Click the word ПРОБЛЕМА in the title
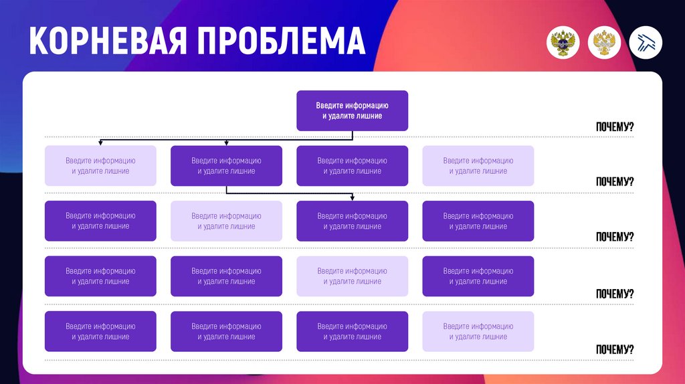pos(282,41)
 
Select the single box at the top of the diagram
pos(352,110)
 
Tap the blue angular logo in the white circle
pos(646,43)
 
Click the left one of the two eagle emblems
pos(563,43)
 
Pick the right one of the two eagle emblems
pos(605,43)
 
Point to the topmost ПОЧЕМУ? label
pos(614,127)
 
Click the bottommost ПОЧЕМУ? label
pos(614,349)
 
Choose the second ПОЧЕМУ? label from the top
pos(614,182)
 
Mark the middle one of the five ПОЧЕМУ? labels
pos(614,237)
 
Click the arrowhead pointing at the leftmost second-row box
pos(100,142)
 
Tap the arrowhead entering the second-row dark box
pos(227,142)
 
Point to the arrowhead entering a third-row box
pos(353,197)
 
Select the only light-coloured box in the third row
pos(226,221)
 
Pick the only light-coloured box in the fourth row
pos(352,276)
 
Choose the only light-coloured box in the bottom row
pos(478,331)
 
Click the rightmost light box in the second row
pos(478,166)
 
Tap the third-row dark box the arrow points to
pos(352,221)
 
